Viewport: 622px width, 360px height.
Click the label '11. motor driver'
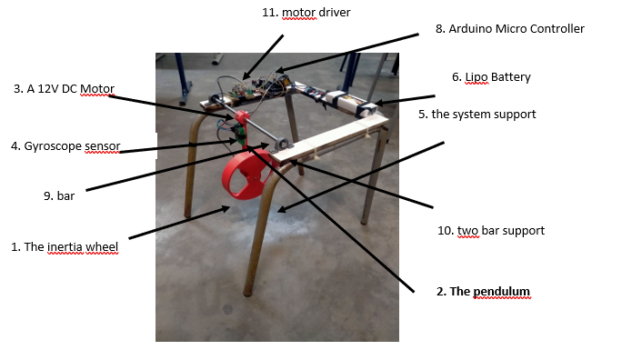click(x=305, y=13)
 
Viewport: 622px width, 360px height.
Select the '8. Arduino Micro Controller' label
click(x=510, y=29)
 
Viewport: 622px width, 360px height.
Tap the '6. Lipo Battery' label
click(x=490, y=78)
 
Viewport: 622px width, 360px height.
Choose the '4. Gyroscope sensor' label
click(x=65, y=145)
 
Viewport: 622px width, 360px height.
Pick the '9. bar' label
click(x=65, y=194)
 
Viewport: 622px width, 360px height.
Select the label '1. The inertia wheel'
click(x=64, y=246)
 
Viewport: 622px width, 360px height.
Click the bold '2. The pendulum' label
click(x=482, y=292)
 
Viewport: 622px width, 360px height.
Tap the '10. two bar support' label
click(x=491, y=231)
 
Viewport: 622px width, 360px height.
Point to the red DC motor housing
click(x=242, y=118)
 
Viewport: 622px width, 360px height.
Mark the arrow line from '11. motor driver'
click(x=265, y=56)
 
